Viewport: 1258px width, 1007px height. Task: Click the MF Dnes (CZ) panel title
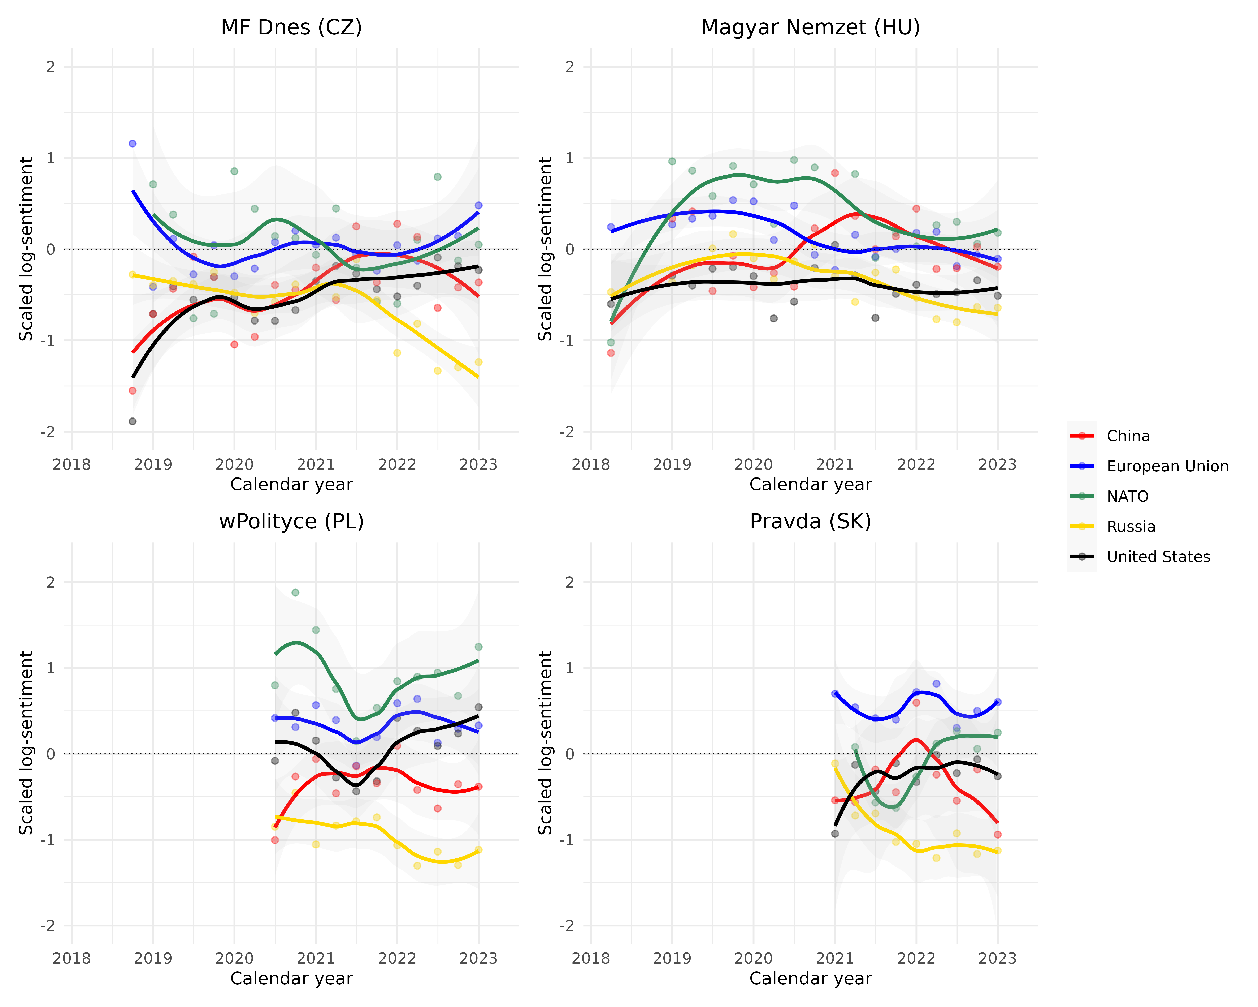coord(291,27)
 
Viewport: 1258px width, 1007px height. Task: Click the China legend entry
coord(1128,436)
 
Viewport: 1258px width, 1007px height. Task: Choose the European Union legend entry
coord(1167,466)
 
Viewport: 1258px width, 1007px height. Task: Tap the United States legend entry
coord(1158,557)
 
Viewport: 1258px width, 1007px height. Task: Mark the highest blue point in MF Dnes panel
coord(133,144)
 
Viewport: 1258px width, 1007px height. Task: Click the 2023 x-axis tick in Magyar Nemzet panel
coord(997,465)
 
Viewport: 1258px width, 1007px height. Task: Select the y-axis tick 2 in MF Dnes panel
coord(51,67)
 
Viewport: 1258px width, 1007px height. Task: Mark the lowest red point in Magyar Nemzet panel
coord(611,353)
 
